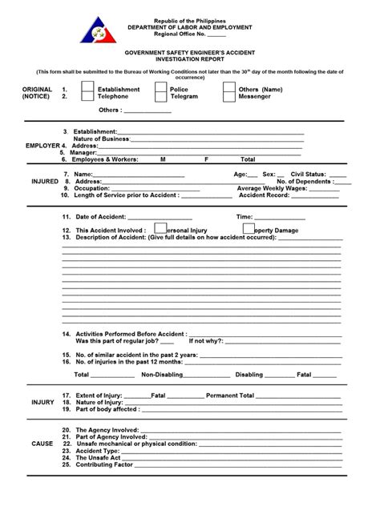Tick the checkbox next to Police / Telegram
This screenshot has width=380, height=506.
click(x=162, y=93)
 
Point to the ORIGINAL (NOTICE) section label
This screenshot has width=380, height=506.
click(x=36, y=93)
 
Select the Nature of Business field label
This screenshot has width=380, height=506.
click(x=101, y=139)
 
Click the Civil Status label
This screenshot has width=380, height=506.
click(x=308, y=174)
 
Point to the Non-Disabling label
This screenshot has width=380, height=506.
click(x=160, y=374)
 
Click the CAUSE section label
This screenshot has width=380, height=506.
click(x=42, y=444)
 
